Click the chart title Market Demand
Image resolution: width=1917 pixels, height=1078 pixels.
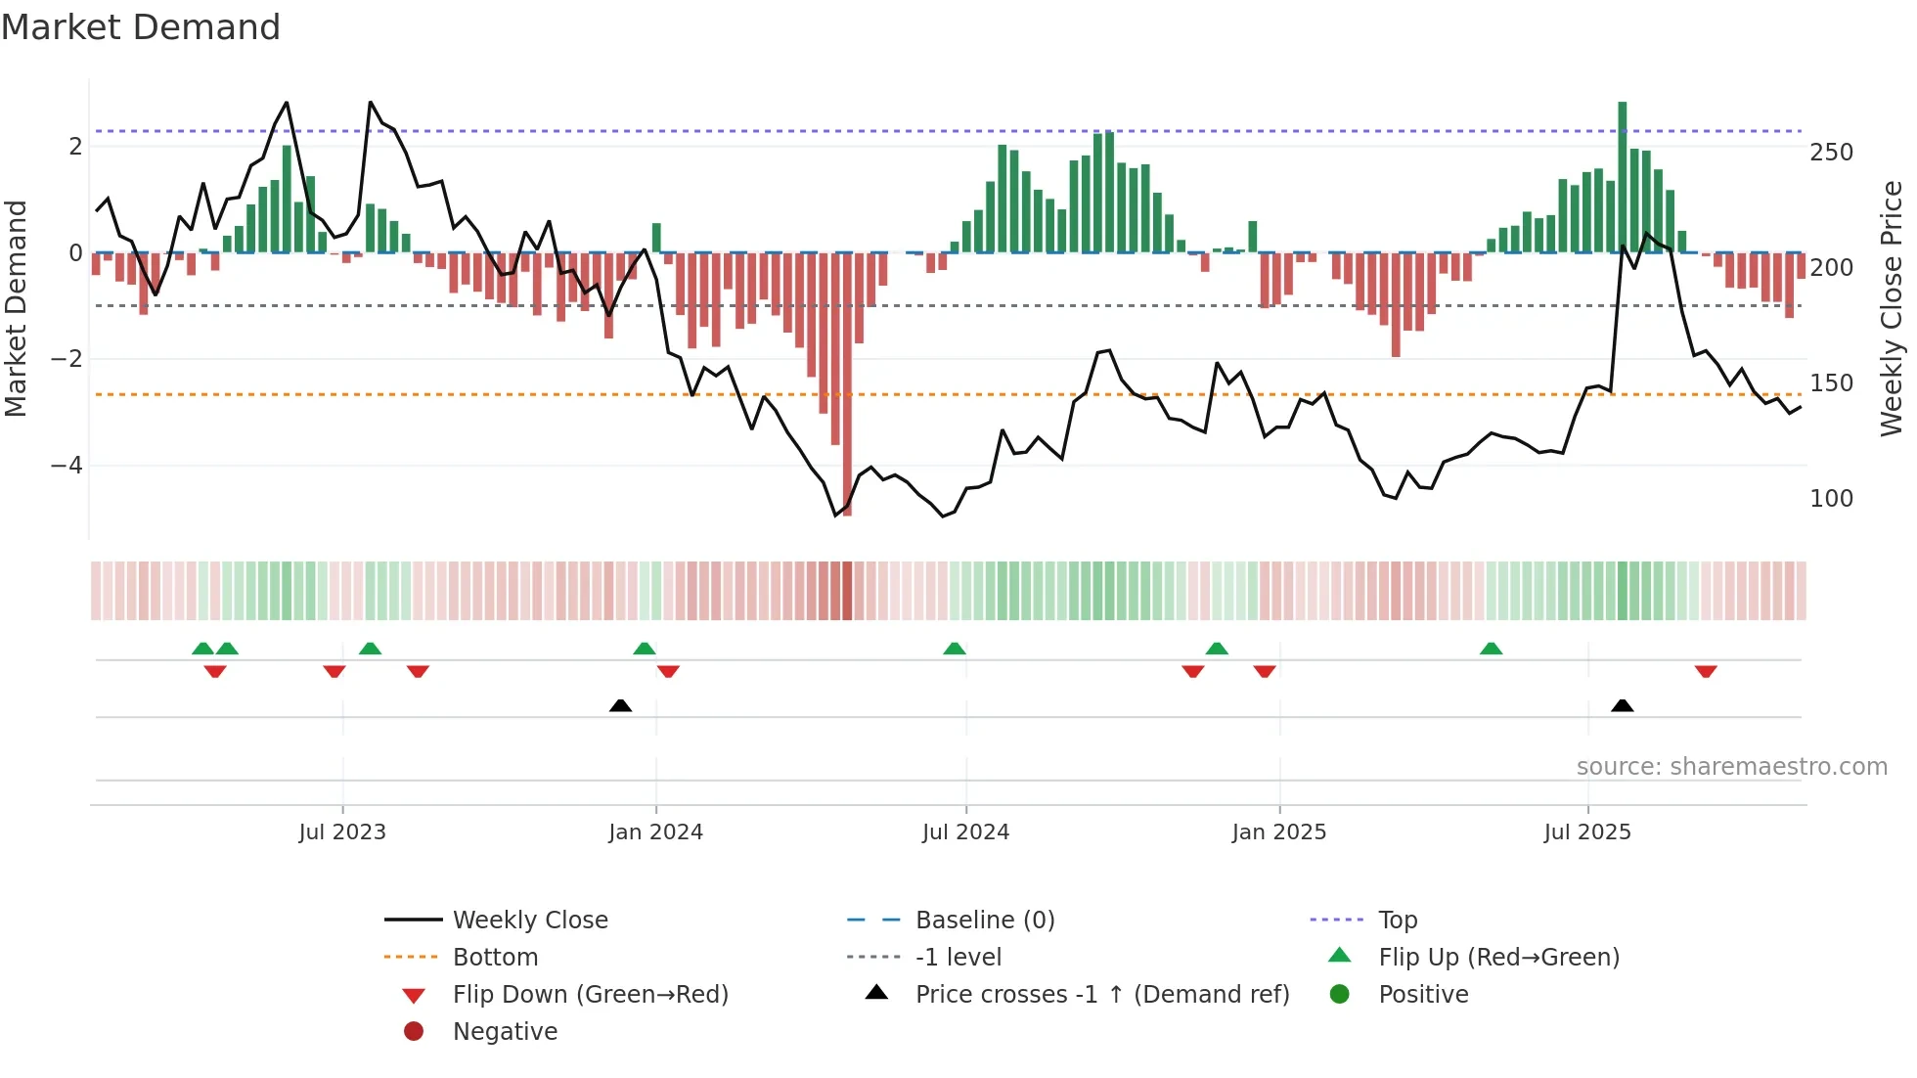click(x=141, y=27)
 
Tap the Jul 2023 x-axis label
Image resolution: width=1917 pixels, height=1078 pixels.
click(x=342, y=832)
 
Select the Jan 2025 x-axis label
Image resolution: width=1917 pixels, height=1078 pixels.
click(x=1278, y=832)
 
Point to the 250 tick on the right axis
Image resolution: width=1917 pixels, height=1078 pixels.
click(x=1831, y=153)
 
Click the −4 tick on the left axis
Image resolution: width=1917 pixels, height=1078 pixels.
click(x=67, y=466)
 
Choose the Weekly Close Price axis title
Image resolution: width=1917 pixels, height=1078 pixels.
click(x=1892, y=308)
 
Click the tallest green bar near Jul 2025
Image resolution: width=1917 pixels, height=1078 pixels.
click(x=1622, y=176)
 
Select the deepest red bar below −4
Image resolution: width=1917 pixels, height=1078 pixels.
click(x=847, y=391)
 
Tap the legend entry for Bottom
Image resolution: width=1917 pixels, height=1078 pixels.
click(x=495, y=958)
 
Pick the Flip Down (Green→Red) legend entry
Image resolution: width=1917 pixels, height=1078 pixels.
click(x=590, y=995)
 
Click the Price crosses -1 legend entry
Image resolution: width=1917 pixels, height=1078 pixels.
click(x=1102, y=995)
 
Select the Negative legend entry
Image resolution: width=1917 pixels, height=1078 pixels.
click(x=505, y=1032)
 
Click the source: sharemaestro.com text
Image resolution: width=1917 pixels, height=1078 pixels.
click(x=1731, y=767)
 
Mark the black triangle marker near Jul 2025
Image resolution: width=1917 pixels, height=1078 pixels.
click(x=1622, y=705)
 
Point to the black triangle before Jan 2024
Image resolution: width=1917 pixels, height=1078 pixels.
click(x=620, y=705)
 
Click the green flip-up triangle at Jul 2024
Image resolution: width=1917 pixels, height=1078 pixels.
click(x=955, y=649)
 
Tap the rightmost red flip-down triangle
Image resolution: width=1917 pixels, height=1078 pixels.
click(x=1706, y=672)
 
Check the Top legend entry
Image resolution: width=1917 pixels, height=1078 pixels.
click(x=1397, y=921)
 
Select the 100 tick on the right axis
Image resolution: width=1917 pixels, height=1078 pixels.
click(x=1831, y=499)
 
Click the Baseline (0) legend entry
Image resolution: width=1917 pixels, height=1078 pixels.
click(x=984, y=921)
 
